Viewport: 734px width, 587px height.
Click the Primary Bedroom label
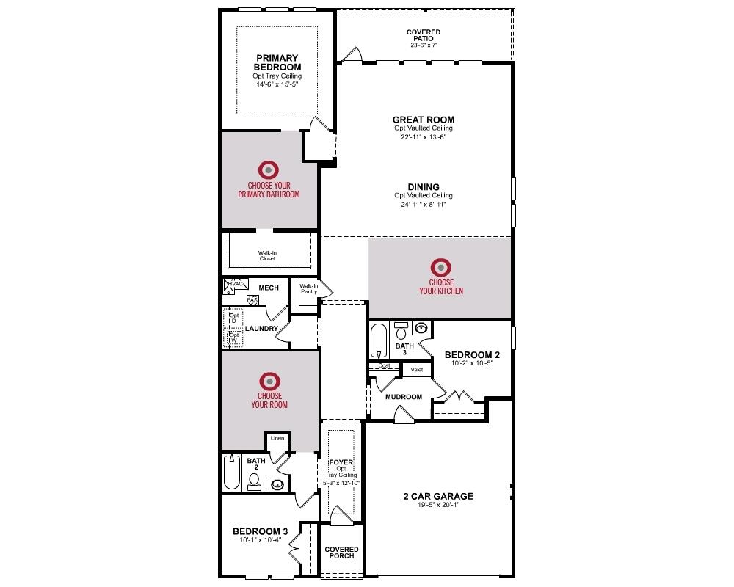277,62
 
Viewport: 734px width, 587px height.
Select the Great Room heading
424,120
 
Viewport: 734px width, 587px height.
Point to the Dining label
424,187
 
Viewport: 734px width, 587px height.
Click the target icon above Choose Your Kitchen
441,266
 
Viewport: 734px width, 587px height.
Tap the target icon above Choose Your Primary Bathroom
269,170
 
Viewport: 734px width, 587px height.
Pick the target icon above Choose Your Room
269,380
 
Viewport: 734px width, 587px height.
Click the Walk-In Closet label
267,256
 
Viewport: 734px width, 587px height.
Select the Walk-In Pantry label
308,288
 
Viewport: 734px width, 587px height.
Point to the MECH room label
269,288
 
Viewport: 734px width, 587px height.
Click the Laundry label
261,329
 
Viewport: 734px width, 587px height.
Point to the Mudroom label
404,397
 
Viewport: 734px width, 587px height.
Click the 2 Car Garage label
438,496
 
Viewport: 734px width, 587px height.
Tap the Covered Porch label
342,553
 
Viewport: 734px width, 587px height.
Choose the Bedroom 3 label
260,531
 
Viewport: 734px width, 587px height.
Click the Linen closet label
277,438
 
